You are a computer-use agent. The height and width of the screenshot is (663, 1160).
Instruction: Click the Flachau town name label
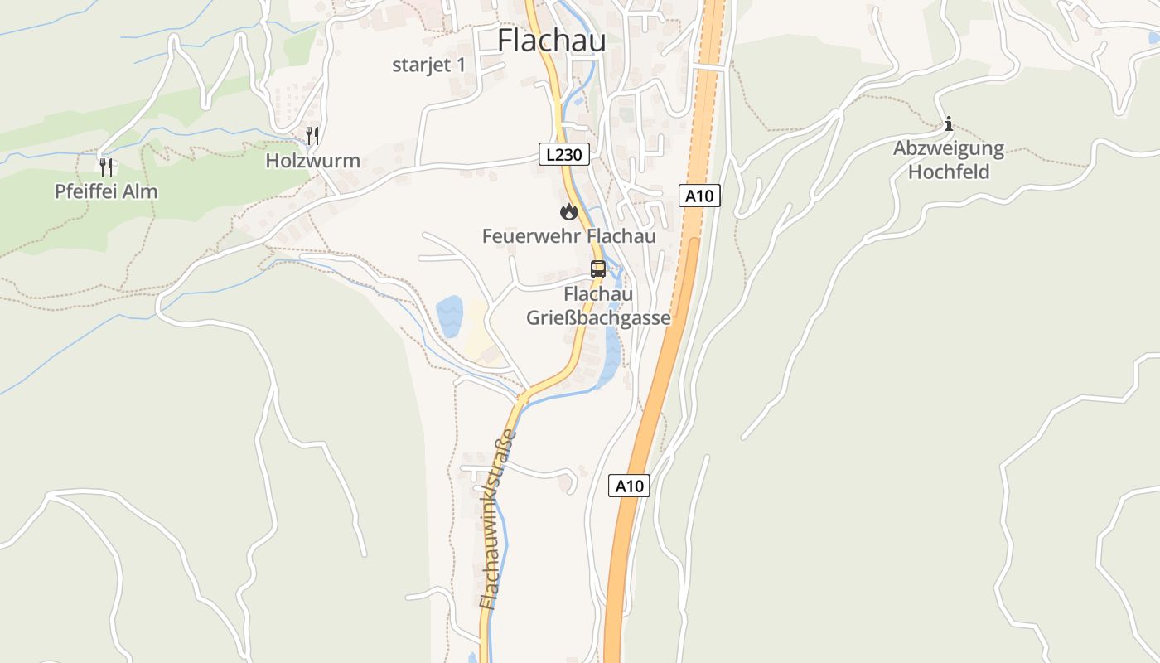click(x=551, y=41)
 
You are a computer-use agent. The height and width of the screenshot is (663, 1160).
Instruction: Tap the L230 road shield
click(x=563, y=154)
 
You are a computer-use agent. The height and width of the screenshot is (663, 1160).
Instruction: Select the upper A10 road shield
click(x=699, y=196)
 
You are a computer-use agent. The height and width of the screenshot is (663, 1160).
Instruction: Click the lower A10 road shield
click(x=629, y=486)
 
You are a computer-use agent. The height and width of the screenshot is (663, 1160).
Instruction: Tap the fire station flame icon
click(x=568, y=212)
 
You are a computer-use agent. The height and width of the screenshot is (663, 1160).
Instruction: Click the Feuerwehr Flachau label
click(x=568, y=236)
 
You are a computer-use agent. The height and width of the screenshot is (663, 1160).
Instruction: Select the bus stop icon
click(x=597, y=269)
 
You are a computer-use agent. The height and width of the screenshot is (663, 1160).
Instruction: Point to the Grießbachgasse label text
click(x=598, y=318)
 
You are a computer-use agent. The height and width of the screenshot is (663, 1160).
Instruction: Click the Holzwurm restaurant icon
click(x=312, y=135)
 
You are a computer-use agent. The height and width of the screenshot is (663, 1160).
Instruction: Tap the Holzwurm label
click(x=312, y=161)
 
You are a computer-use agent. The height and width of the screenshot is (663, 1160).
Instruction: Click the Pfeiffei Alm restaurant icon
click(x=106, y=167)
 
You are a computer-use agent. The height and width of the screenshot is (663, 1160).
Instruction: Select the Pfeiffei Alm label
click(x=106, y=191)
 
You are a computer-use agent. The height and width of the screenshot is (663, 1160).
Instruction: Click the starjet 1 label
click(x=429, y=65)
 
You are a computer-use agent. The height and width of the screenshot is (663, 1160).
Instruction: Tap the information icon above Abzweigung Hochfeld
click(x=948, y=125)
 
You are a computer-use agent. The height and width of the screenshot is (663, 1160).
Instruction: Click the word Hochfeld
click(x=948, y=172)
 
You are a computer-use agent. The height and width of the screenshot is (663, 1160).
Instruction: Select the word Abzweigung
click(x=948, y=149)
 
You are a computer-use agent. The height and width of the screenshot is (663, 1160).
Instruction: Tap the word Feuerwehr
click(x=531, y=236)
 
